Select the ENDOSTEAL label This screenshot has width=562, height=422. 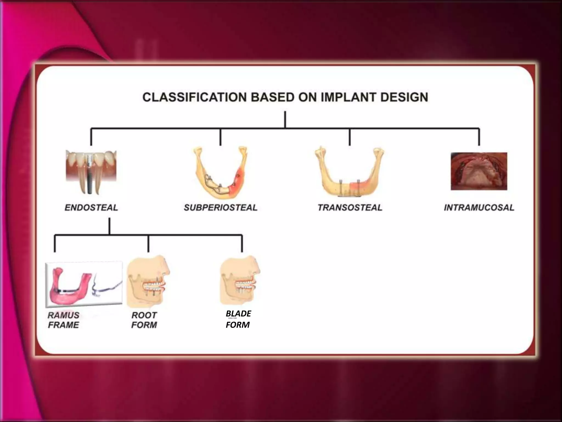[x=91, y=207]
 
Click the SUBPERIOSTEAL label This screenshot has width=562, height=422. [x=221, y=207]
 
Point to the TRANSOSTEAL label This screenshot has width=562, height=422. [x=350, y=207]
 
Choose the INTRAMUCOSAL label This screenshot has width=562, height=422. [x=479, y=207]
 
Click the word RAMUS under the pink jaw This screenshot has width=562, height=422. [x=63, y=315]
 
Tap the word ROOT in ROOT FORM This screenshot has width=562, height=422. [x=144, y=315]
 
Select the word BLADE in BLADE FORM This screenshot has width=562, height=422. [x=238, y=313]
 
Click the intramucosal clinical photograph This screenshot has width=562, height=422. [x=479, y=171]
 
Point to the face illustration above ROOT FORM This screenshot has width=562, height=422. [x=148, y=282]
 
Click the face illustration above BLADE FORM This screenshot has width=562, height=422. [x=240, y=280]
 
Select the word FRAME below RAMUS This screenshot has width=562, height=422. [x=63, y=325]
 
